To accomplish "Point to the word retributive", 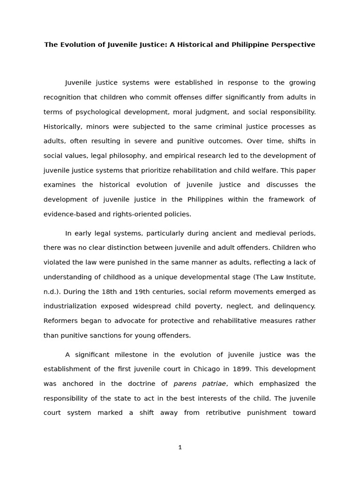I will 223,413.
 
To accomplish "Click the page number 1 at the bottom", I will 180,448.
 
